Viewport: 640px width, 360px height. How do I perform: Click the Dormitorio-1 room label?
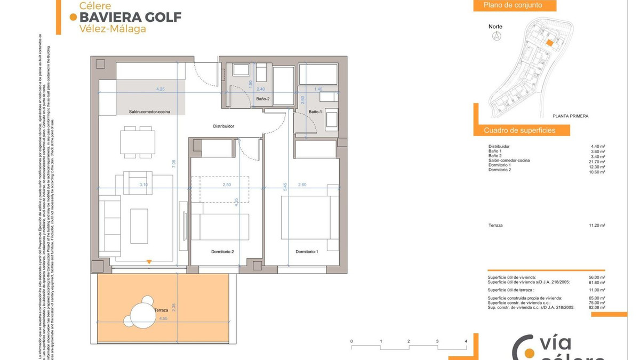[307, 252]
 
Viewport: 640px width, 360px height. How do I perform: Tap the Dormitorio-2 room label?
[222, 252]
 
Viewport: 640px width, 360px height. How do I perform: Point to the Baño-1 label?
[315, 111]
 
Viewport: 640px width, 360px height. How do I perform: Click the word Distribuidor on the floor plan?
[224, 126]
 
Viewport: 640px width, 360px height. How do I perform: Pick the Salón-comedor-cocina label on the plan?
[150, 112]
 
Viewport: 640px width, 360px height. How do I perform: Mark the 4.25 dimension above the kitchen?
[160, 89]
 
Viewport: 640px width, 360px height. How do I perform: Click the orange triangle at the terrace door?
[149, 262]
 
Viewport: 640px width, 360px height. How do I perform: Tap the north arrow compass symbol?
[497, 36]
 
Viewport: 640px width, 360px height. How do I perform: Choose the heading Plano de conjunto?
[513, 5]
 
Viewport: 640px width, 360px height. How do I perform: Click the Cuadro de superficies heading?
[519, 130]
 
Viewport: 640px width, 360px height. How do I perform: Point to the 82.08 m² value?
[597, 308]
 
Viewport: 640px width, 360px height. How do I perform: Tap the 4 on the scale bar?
[466, 341]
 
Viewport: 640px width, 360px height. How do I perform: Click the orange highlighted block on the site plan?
[548, 43]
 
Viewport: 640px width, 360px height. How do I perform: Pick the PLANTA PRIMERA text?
[571, 116]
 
